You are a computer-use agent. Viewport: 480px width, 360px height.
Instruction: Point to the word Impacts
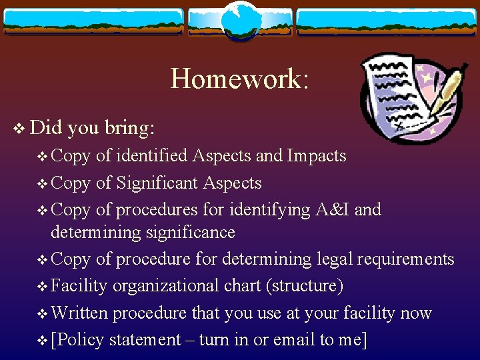click(317, 156)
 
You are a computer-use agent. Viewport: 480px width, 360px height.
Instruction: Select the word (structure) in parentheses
click(305, 286)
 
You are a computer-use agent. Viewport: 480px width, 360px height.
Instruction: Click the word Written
click(75, 313)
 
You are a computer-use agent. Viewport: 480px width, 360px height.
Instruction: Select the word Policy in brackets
click(81, 340)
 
